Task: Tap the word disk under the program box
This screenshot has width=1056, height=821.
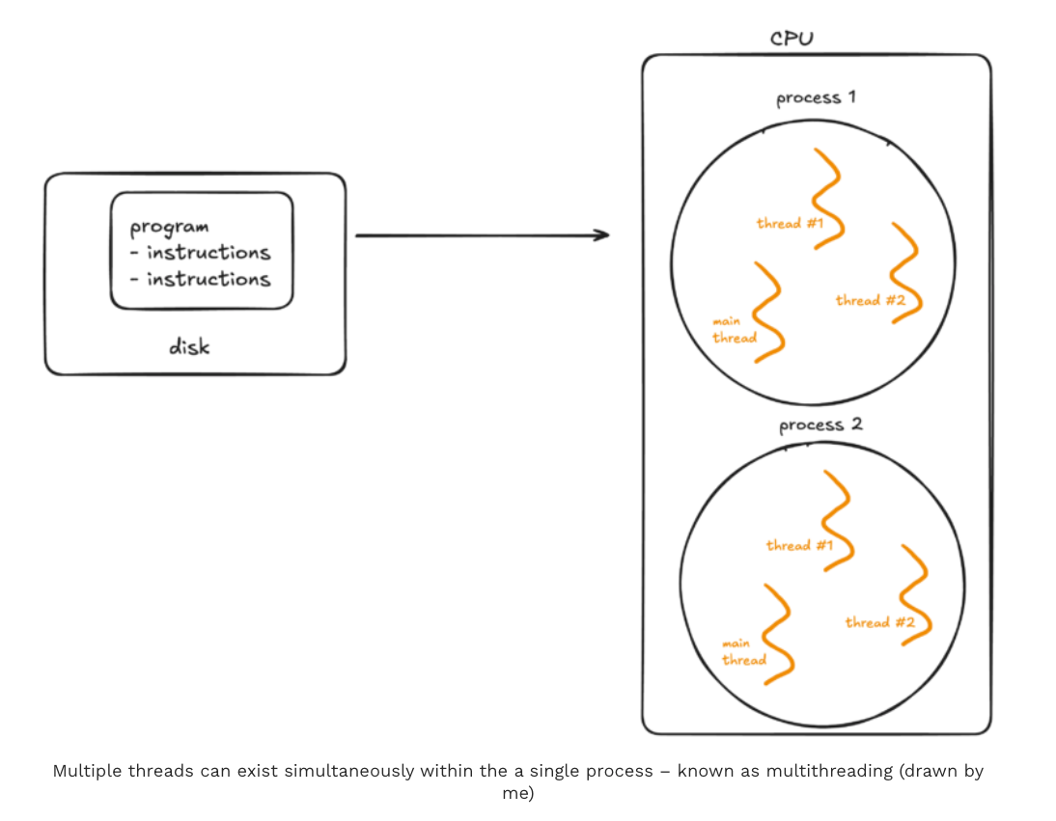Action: (x=189, y=346)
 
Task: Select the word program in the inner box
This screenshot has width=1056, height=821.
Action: (x=169, y=228)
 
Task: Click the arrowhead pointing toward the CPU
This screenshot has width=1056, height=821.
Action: (x=601, y=234)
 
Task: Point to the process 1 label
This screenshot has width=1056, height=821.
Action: (x=816, y=98)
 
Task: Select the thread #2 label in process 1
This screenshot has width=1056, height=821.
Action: (x=870, y=300)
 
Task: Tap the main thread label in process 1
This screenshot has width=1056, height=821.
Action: (x=734, y=329)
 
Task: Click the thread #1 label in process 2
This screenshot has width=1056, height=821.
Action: (x=799, y=545)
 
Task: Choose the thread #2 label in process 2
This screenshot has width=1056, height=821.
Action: (x=879, y=622)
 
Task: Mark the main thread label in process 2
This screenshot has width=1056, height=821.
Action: (x=743, y=651)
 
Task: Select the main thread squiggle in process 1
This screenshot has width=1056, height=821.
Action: (x=768, y=311)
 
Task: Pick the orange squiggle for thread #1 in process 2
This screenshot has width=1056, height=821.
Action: (x=837, y=520)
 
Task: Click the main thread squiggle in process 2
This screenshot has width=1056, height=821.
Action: (x=778, y=633)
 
